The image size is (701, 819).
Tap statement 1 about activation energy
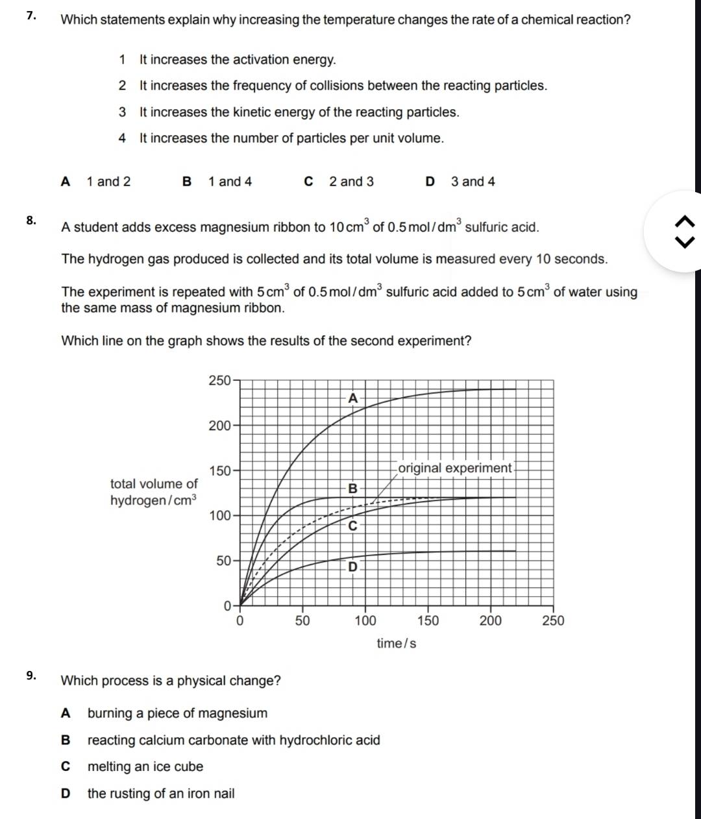(x=238, y=60)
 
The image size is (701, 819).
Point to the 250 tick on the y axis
(x=219, y=380)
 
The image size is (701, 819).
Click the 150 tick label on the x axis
(x=428, y=621)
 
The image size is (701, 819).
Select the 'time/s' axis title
(x=396, y=644)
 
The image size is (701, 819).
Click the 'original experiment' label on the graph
(x=454, y=468)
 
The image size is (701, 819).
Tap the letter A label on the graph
(x=352, y=398)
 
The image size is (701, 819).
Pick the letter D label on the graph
(x=352, y=567)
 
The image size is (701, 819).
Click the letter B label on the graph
(x=352, y=488)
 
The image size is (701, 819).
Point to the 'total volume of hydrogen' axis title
(x=153, y=492)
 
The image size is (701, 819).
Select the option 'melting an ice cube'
(x=145, y=766)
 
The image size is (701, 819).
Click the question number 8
(x=31, y=219)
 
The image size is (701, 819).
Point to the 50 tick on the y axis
(x=223, y=561)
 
